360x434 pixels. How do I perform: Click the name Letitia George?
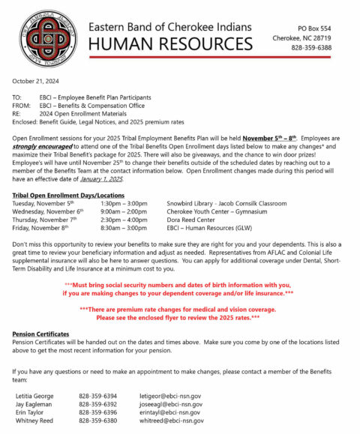tap(37, 395)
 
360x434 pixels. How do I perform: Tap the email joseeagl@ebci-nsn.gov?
tap(169, 403)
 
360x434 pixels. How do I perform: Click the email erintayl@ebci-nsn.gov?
tap(169, 412)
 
